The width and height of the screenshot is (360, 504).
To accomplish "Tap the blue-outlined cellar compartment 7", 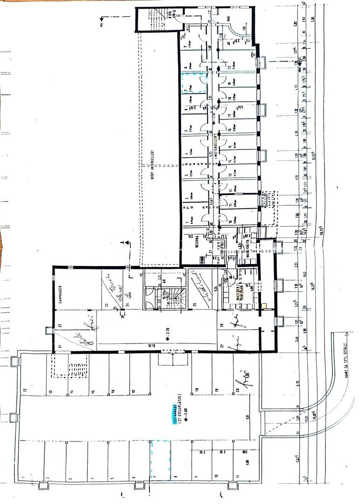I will pyautogui.click(x=194, y=84).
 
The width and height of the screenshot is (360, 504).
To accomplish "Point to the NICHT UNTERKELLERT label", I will pyautogui.click(x=152, y=165).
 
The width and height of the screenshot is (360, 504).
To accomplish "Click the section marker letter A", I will pyautogui.click(x=122, y=243).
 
